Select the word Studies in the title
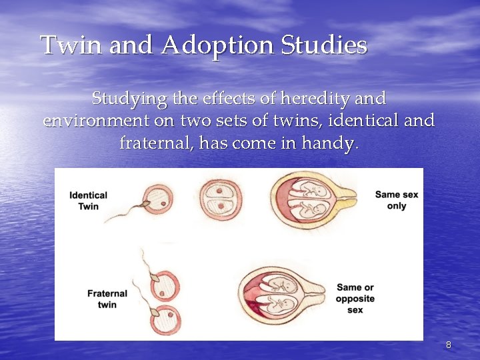tap(325, 46)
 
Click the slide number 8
tap(448, 345)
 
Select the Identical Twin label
tap(88, 201)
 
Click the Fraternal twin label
tap(107, 299)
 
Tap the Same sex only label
tap(397, 200)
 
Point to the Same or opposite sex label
tap(355, 299)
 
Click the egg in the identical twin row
tap(159, 198)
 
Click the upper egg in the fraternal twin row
tap(164, 285)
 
